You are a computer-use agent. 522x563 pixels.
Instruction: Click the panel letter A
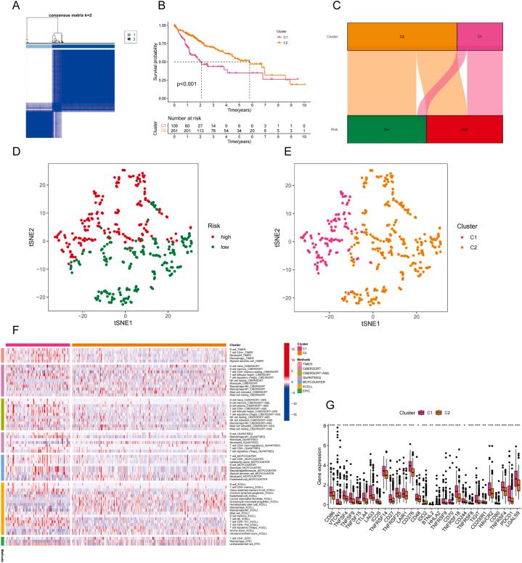[7, 7]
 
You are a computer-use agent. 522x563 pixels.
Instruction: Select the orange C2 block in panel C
[401, 34]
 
